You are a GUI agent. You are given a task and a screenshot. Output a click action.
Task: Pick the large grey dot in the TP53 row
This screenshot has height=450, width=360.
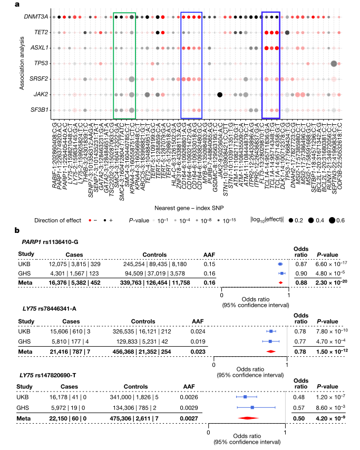click(x=334, y=64)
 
